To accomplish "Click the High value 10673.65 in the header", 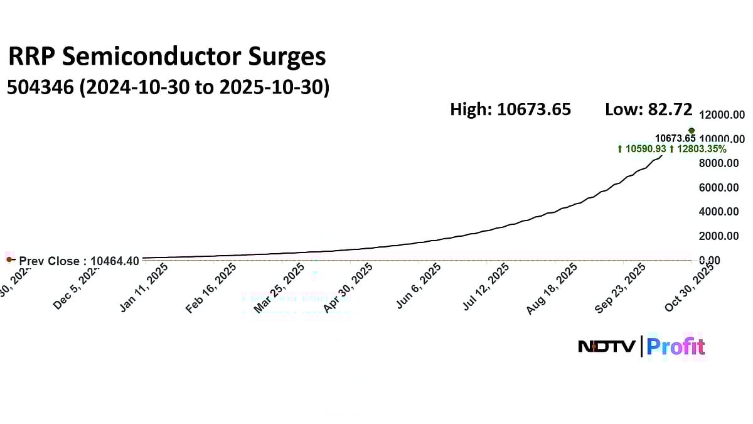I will click(534, 109).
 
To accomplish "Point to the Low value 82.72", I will click(671, 109).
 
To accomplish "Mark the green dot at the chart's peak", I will click(692, 131).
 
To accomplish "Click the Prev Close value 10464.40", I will click(114, 261).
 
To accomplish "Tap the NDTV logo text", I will click(607, 347).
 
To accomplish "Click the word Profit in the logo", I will click(676, 347).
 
